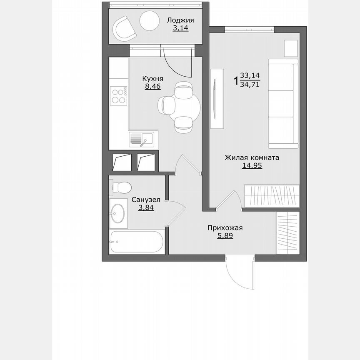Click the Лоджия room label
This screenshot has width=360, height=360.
(x=180, y=20)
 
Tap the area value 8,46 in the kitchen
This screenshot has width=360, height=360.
(x=152, y=86)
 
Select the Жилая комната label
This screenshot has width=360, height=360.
(x=252, y=157)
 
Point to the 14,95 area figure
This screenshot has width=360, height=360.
(x=252, y=165)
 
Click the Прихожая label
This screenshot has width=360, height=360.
(x=225, y=227)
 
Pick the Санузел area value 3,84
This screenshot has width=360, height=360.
(x=146, y=207)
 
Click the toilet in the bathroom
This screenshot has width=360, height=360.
(x=120, y=187)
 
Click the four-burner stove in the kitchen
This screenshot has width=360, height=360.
(x=118, y=96)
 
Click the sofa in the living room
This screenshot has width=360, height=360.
(x=283, y=103)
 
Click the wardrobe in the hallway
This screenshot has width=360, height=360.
(x=287, y=232)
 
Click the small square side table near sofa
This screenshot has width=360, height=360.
(x=291, y=48)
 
